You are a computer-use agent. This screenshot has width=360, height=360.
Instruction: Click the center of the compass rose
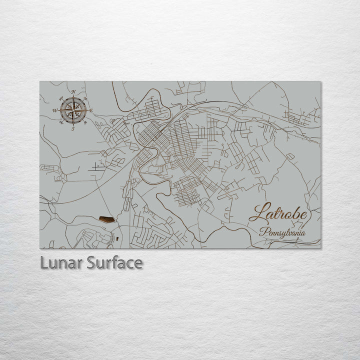click(73, 110)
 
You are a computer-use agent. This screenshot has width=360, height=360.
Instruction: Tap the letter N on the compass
click(73, 92)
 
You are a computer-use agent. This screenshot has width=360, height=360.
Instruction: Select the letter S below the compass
click(73, 129)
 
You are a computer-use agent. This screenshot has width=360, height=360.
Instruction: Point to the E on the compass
click(91, 110)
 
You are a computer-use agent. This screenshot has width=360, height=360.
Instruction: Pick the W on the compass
click(55, 110)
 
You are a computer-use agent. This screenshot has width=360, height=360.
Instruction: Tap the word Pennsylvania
click(282, 233)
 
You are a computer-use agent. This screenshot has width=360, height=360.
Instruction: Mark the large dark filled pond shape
click(106, 218)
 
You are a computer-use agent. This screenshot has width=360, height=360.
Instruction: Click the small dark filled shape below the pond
click(117, 238)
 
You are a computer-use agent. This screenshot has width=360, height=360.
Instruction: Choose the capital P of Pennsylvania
click(262, 232)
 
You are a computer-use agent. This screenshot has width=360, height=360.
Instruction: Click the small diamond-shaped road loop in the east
click(290, 156)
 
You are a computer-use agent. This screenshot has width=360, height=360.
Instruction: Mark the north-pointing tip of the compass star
click(73, 97)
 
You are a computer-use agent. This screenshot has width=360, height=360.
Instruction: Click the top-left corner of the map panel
click(40, 81)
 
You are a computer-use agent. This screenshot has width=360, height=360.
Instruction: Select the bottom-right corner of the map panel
click(321, 248)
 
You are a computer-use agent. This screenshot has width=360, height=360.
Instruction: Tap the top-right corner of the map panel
click(321, 81)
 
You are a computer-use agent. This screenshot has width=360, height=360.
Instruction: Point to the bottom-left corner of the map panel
click(40, 248)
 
